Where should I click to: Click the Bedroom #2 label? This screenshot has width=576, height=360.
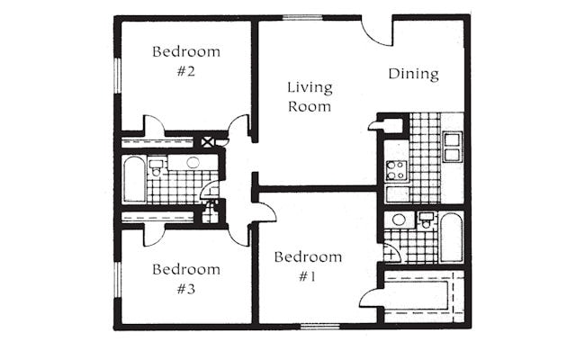point(186,61)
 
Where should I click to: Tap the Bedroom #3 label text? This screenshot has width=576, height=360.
point(186,279)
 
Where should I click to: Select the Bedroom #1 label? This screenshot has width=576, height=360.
point(308,266)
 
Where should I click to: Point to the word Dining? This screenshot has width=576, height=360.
point(413,74)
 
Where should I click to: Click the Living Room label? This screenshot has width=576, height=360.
point(310,97)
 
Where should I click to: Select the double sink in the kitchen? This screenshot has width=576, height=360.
point(452,148)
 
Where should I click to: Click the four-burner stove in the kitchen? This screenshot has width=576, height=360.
point(396,171)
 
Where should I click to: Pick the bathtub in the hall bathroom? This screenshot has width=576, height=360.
point(134,179)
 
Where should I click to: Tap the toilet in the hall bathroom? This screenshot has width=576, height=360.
point(157,168)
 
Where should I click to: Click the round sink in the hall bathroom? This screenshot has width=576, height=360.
point(193,162)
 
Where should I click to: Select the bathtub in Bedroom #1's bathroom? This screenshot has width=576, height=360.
point(451,238)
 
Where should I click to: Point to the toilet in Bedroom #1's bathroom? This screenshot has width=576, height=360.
point(426,220)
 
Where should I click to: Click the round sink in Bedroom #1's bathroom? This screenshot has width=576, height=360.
point(399,220)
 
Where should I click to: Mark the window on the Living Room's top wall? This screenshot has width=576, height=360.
point(302,17)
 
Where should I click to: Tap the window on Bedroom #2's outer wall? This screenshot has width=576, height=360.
point(117,75)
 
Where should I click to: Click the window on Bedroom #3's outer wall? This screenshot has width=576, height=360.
point(117,280)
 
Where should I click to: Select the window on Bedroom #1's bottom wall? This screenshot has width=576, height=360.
point(320,326)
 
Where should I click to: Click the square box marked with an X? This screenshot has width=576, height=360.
point(207,142)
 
